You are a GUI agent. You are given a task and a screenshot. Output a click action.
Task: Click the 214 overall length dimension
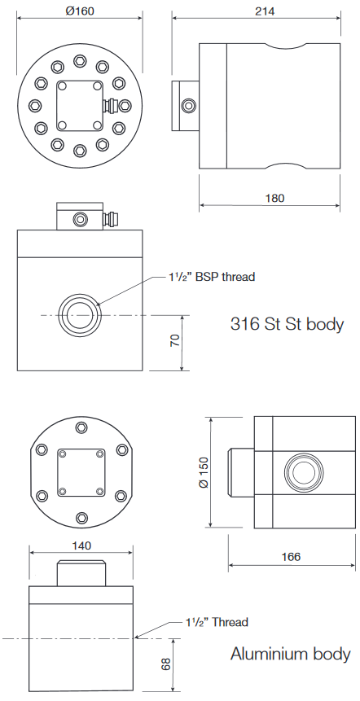[x=264, y=11]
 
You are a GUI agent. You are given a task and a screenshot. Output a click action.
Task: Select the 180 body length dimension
[x=274, y=198]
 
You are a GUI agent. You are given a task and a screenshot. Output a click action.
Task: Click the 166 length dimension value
[x=291, y=557]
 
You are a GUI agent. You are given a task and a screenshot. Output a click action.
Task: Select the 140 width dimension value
[x=81, y=545]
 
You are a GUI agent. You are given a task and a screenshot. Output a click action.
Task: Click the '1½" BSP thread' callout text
[x=210, y=277]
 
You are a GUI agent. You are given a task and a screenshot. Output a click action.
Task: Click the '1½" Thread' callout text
[x=216, y=622]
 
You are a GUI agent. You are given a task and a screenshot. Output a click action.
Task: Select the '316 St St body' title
[x=287, y=324]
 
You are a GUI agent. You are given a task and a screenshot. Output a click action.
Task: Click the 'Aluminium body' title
[x=290, y=654]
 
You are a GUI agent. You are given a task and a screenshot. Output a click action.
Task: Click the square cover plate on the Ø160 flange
[x=79, y=104]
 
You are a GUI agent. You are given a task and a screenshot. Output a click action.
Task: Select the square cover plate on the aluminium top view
[x=80, y=472]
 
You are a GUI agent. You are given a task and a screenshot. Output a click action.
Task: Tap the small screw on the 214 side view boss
[x=189, y=105]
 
